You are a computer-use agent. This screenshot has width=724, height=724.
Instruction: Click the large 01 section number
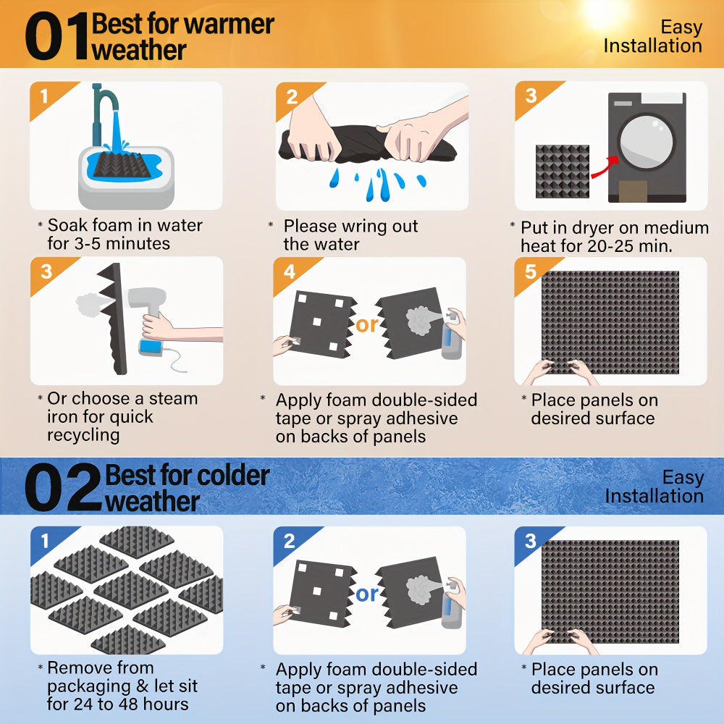coord(56,36)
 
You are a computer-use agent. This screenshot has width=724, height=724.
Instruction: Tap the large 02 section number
coord(63,487)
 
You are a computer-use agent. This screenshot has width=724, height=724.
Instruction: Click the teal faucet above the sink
coord(103,111)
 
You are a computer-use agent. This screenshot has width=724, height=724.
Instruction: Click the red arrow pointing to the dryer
coord(604,168)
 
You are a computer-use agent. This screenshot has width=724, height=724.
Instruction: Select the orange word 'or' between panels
coord(367,324)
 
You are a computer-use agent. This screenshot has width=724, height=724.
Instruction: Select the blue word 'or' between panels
coord(367,594)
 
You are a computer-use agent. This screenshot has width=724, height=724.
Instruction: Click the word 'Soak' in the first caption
coord(67,225)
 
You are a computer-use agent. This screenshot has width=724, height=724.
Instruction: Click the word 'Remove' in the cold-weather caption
coord(77,668)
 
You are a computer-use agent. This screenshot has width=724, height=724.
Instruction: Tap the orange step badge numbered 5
coord(531,271)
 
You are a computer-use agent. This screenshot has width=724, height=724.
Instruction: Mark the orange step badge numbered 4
coord(290,271)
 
